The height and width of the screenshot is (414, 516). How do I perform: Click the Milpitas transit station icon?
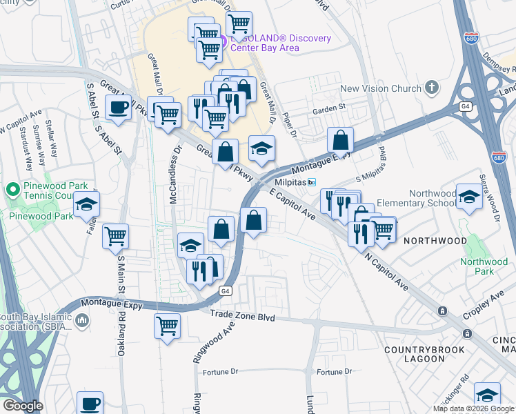pos(312,182)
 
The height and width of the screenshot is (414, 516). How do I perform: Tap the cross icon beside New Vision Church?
pos(432,88)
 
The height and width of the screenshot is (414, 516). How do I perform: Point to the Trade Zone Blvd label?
pos(242,317)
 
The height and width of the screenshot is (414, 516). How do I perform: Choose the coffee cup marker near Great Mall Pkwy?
pos(118,108)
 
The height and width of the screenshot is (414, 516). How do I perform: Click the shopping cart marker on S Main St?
pos(115,236)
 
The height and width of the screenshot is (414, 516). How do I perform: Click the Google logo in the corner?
pos(23,406)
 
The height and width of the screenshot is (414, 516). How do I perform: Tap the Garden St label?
pos(328,108)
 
